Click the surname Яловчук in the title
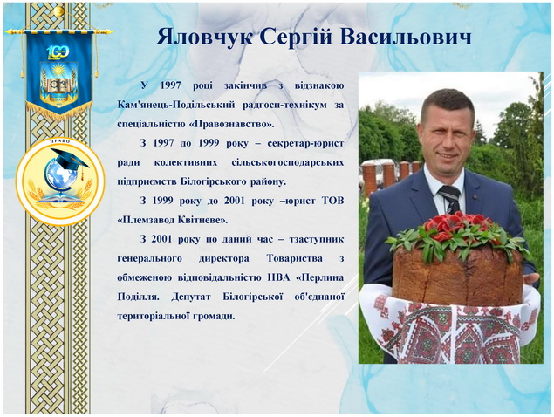[204, 37]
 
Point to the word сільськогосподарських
[288, 162]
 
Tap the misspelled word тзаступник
[317, 239]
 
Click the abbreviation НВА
[278, 277]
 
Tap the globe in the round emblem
[60, 176]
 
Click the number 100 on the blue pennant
[58, 52]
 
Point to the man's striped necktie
[450, 199]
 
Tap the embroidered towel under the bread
[449, 325]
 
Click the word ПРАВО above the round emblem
[60, 141]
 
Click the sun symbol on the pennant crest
[58, 70]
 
